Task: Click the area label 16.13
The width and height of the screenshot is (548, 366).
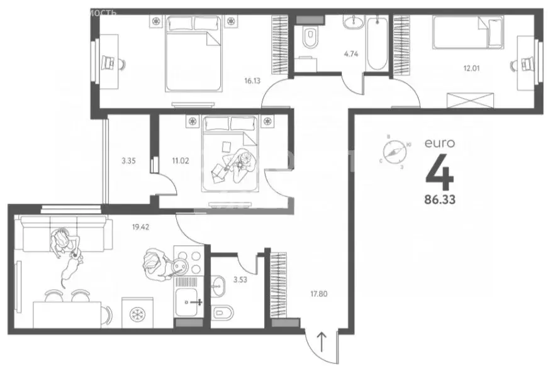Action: (253, 81)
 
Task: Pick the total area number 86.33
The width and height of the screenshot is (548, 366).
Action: (440, 201)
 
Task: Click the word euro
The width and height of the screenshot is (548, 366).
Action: (439, 143)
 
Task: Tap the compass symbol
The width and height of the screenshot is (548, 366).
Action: (394, 152)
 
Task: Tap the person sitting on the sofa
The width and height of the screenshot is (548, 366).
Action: (63, 243)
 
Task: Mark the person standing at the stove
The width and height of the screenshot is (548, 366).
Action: (154, 264)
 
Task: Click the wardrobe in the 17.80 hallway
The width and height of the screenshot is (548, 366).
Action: (277, 286)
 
